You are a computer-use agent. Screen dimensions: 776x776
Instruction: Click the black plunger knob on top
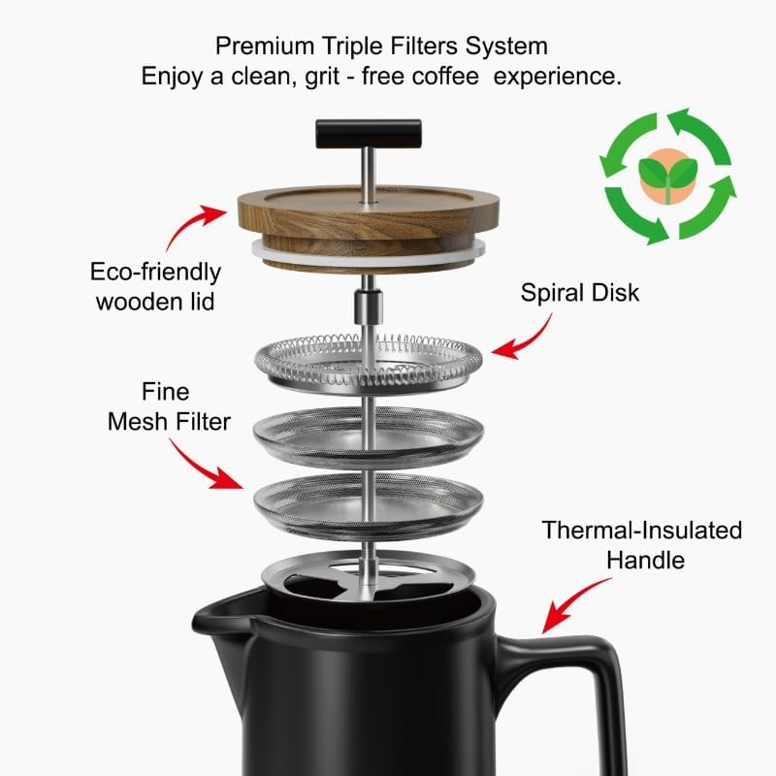point(368,130)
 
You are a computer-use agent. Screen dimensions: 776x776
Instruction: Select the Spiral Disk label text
point(580,292)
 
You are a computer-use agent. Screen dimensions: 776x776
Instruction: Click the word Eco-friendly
point(155,272)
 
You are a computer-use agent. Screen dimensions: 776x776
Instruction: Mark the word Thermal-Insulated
point(641,531)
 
